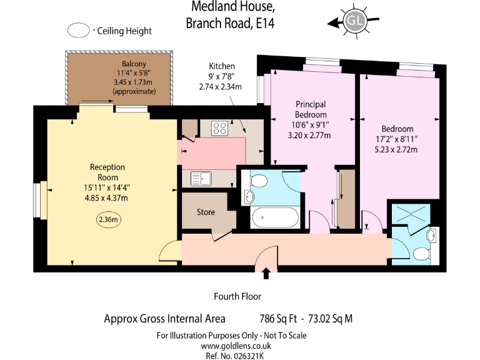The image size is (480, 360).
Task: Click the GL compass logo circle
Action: [x=356, y=21]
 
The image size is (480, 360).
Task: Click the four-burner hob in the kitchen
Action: [x=220, y=128]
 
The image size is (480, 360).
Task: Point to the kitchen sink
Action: [x=202, y=178]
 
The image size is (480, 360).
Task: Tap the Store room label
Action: [x=206, y=212]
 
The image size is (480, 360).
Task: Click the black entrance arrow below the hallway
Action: [x=267, y=273]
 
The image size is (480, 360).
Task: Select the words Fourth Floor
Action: [x=237, y=297]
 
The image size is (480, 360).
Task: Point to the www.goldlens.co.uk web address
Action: [x=231, y=345]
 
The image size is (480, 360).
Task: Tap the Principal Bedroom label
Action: [x=311, y=110]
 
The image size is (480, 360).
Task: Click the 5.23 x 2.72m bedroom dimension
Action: [x=396, y=149]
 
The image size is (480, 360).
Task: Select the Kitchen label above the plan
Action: [x=222, y=66]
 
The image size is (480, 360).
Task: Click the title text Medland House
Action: [x=233, y=7]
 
